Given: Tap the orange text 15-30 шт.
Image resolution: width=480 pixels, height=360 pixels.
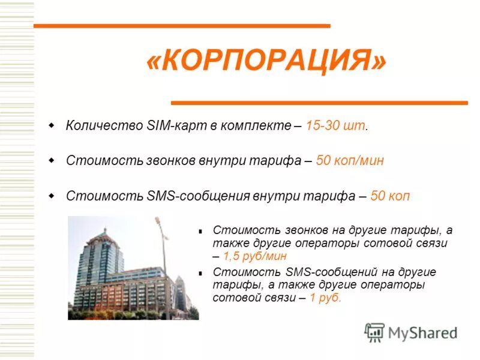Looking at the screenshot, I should pos(336,127).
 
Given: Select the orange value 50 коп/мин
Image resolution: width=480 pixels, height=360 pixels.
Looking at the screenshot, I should pos(349,161).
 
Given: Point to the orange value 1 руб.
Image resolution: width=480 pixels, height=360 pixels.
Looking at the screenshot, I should pos(326,298).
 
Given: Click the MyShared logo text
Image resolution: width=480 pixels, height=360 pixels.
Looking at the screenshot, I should pos(422,332).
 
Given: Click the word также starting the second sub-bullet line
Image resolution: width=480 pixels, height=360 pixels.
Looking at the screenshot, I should pos(227,244).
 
